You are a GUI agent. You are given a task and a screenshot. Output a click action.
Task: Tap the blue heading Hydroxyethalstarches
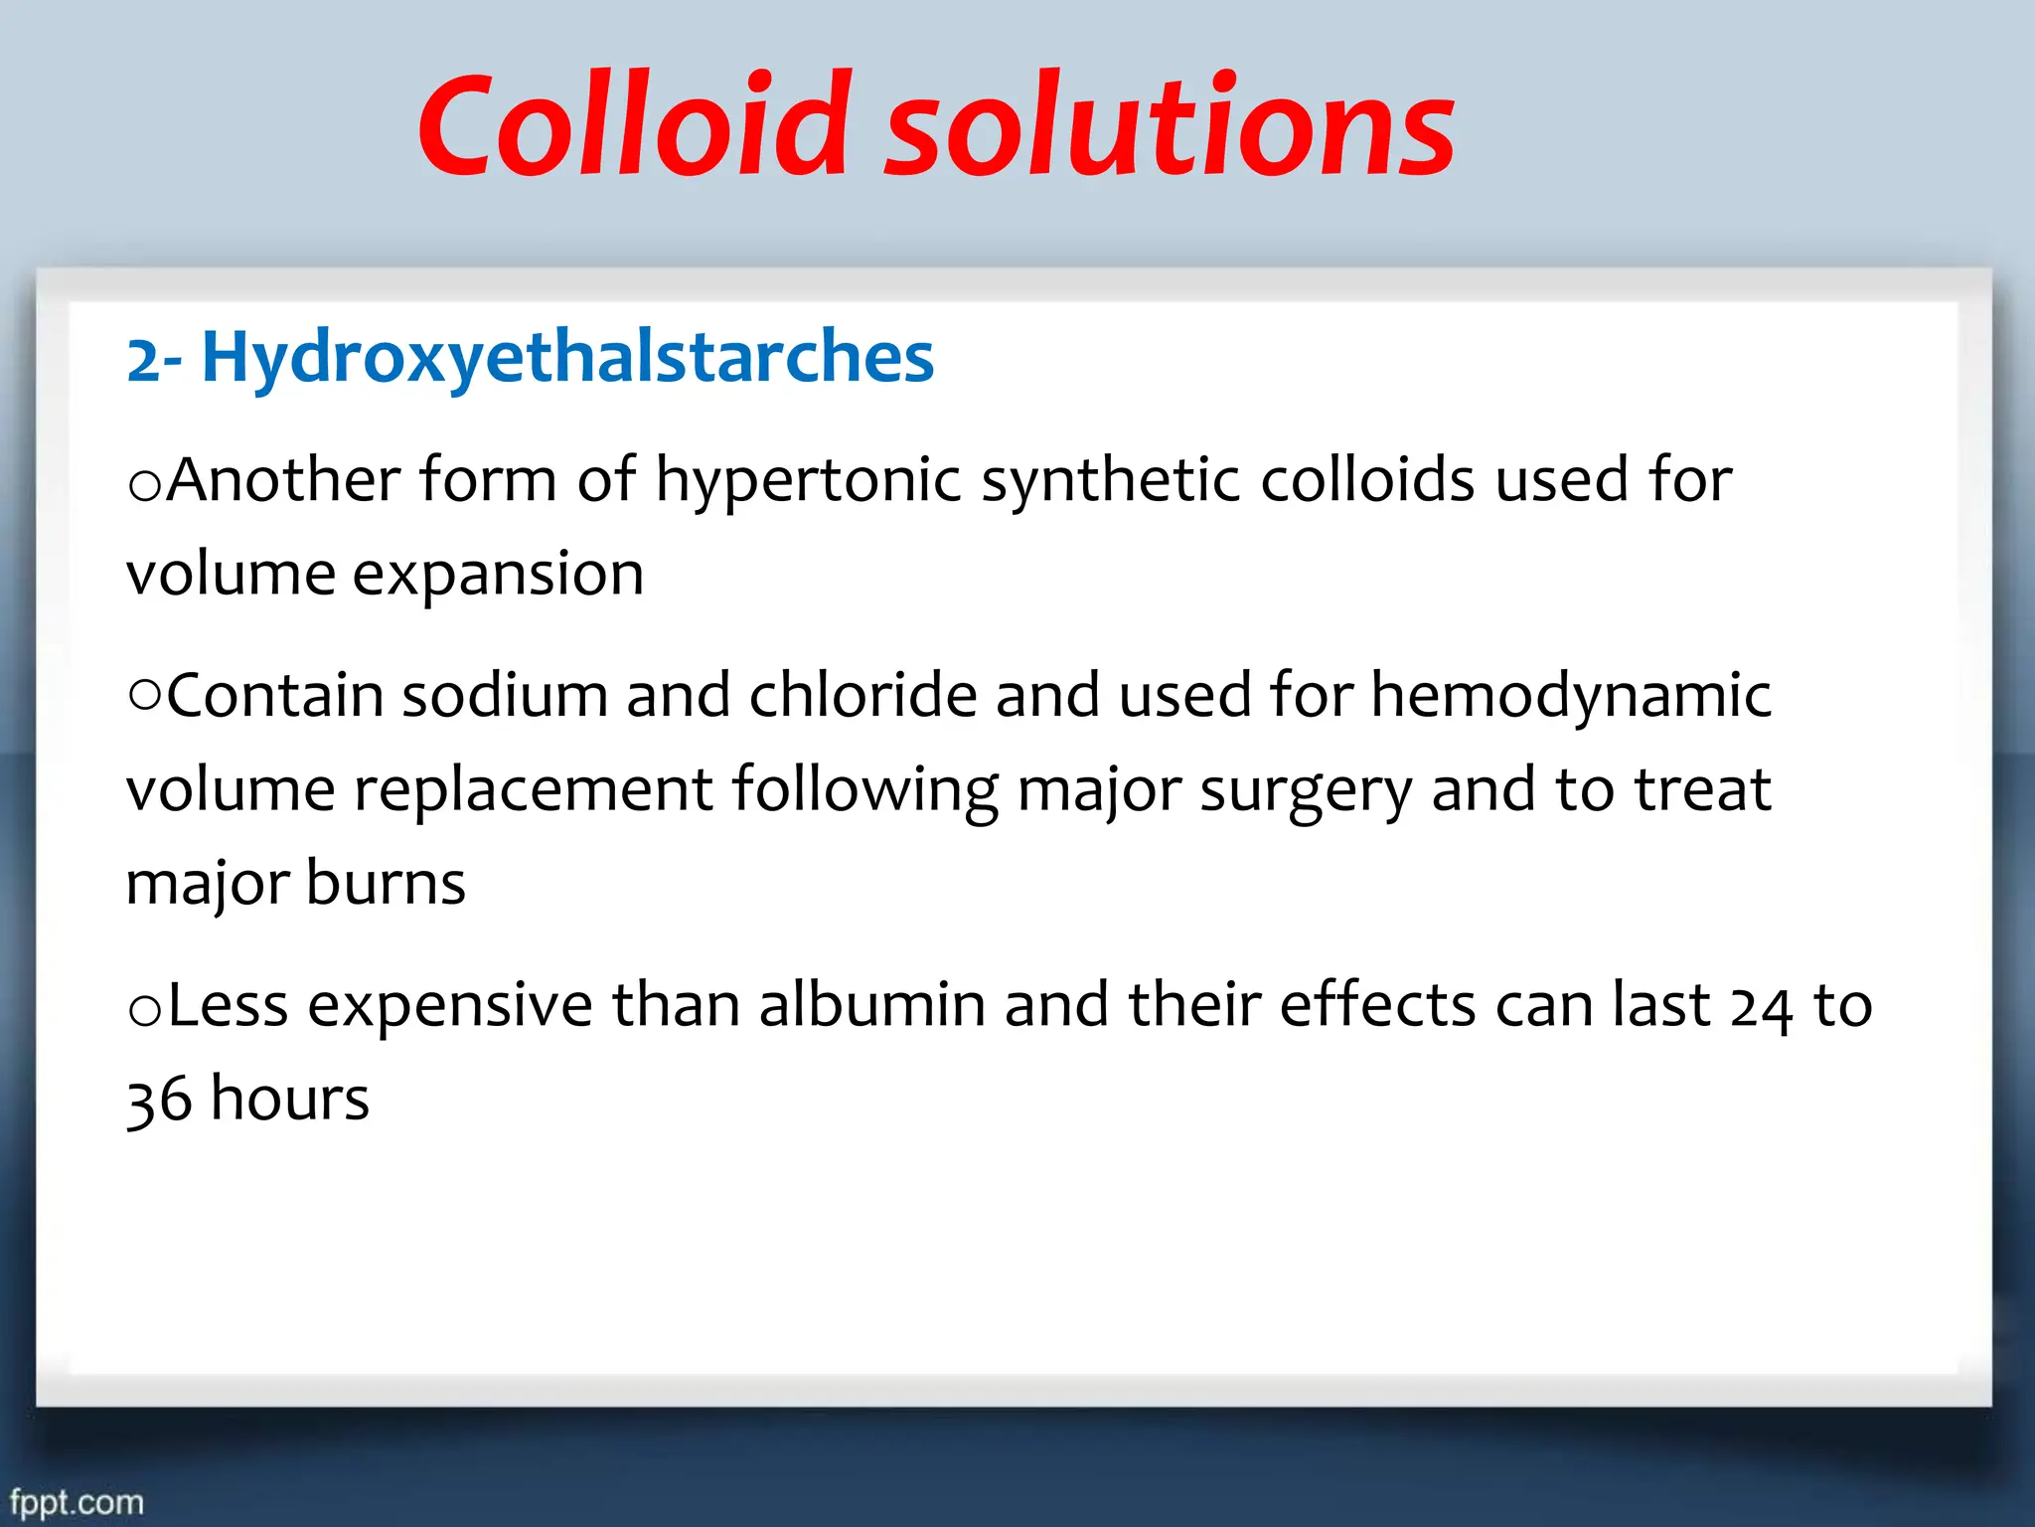pos(567,357)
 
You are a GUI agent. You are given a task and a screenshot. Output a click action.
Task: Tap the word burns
pos(386,883)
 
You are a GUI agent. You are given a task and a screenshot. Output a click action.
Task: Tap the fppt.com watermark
pos(77,1502)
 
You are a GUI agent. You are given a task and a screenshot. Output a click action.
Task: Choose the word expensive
pos(449,1007)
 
